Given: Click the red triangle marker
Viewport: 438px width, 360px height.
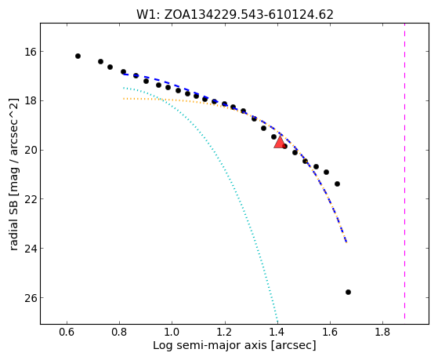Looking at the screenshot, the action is click(280, 142).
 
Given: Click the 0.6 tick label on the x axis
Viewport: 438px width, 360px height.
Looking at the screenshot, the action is click(67, 333).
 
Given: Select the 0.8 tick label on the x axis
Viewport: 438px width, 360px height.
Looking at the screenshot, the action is click(119, 333).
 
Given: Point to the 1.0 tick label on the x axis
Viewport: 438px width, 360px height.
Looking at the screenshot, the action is click(172, 333).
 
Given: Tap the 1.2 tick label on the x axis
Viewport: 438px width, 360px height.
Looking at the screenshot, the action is click(225, 333).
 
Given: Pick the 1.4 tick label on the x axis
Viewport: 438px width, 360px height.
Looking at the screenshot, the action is click(277, 333).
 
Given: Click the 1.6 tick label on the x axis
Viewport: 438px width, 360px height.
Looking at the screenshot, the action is click(330, 333).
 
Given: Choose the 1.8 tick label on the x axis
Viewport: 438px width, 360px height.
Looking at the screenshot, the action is click(382, 333).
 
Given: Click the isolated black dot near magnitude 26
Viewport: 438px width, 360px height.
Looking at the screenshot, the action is click(348, 292).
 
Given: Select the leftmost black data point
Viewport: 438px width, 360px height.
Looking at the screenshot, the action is click(78, 56).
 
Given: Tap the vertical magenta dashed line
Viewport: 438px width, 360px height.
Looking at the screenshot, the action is click(404, 171).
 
